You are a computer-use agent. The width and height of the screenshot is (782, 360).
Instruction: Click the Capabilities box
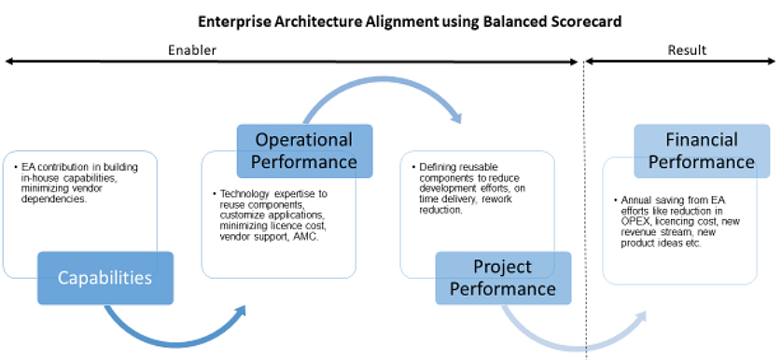point(105,278)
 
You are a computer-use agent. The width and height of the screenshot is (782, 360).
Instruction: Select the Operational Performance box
point(304,151)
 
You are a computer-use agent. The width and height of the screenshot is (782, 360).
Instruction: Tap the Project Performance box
point(503,278)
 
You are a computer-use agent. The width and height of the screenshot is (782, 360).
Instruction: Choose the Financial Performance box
point(702,151)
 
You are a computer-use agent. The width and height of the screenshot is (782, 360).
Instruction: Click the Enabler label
point(192,49)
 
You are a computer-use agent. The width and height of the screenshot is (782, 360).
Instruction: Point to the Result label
point(687,49)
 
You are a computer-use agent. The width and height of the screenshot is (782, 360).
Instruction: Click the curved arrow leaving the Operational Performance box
point(382,82)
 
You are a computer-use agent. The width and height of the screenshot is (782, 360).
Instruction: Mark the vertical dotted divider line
point(585,210)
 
